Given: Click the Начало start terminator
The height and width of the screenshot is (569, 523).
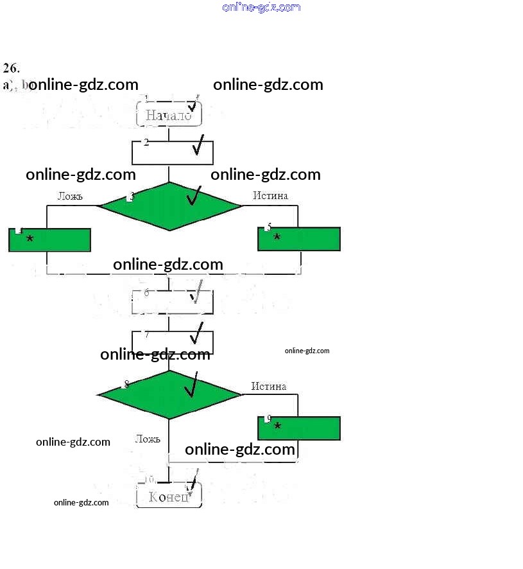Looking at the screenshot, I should [x=169, y=115].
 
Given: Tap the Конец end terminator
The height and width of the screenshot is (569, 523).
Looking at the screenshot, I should [x=169, y=496].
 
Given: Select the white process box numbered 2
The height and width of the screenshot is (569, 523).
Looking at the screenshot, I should [x=172, y=152].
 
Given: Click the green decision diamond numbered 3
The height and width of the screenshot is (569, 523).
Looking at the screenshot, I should [x=170, y=206].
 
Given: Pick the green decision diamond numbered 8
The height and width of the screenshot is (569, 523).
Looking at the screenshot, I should [x=169, y=394].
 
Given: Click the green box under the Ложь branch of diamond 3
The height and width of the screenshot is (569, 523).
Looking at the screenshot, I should [x=49, y=240].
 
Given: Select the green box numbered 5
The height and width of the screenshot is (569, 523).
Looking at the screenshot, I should [x=299, y=238].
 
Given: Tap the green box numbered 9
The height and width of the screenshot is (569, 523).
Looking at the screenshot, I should [x=299, y=428].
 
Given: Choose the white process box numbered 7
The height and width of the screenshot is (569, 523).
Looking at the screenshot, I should [x=172, y=342].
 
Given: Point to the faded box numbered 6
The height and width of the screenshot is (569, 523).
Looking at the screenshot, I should [x=172, y=302].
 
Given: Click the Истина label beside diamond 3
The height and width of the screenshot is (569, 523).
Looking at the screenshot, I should [x=270, y=195].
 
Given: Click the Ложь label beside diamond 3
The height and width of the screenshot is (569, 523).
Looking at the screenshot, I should [x=70, y=196].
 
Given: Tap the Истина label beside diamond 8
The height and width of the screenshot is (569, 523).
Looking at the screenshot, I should [x=269, y=386].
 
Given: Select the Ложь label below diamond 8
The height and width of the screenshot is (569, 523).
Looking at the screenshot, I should [x=148, y=439].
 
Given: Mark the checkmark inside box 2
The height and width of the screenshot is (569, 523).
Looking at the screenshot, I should [x=198, y=146].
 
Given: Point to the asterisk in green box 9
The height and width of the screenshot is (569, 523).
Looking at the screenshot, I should [x=277, y=426].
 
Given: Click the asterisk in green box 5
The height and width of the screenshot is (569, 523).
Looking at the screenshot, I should [x=277, y=238].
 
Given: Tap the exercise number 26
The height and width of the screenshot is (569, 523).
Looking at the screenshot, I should [x=12, y=67].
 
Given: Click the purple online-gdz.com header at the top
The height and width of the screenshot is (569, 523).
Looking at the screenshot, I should [x=261, y=7].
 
